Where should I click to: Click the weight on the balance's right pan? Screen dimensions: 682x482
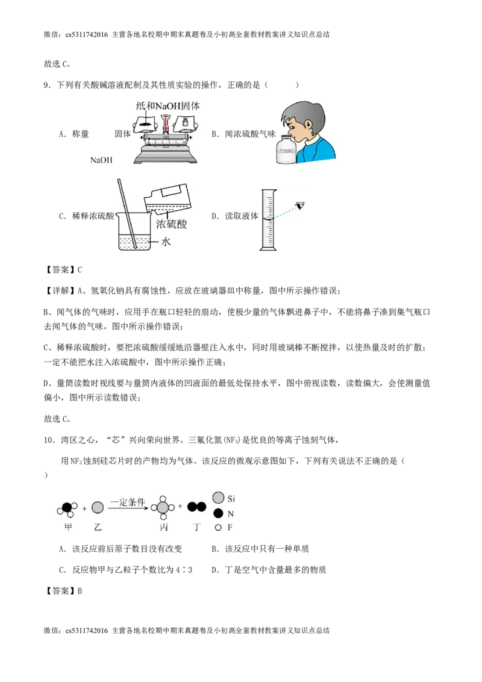click(x=185, y=124)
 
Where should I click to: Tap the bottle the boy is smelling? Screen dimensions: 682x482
click(x=286, y=151)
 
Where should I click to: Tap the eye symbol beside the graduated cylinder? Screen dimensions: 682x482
click(x=299, y=206)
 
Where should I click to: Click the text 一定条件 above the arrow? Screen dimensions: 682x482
click(x=128, y=502)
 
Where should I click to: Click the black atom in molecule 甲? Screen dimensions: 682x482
click(x=67, y=507)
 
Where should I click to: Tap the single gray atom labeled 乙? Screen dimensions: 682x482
click(x=98, y=507)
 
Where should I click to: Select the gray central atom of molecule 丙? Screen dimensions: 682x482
click(x=163, y=508)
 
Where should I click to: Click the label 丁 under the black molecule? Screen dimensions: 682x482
click(x=196, y=526)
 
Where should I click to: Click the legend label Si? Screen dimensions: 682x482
click(x=231, y=499)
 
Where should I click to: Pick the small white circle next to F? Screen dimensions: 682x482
click(x=218, y=527)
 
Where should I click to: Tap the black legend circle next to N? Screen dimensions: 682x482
click(x=218, y=514)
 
